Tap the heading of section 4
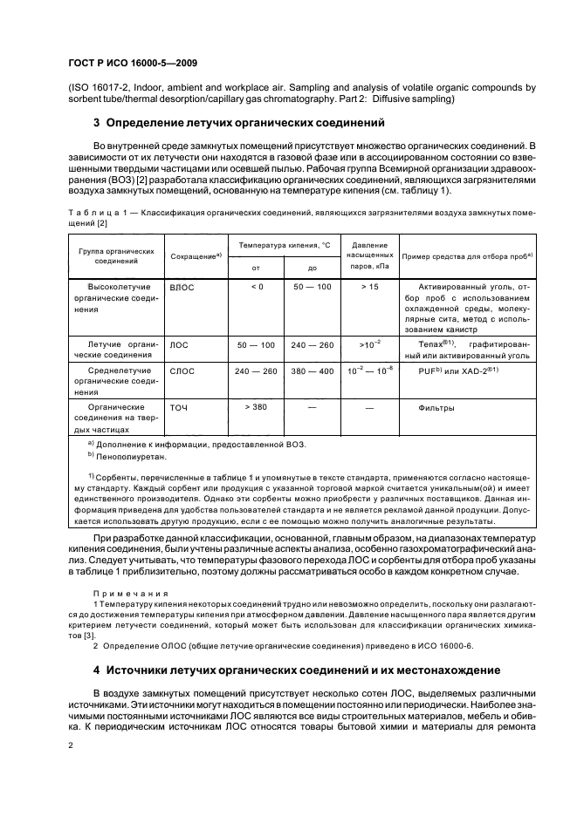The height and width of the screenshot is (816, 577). [296, 670]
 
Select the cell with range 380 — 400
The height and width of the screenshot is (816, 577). [313, 371]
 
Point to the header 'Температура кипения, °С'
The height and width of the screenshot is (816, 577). [284, 245]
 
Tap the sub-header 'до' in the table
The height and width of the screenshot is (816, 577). [313, 269]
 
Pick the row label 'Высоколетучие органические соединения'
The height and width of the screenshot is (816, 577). [115, 297]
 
